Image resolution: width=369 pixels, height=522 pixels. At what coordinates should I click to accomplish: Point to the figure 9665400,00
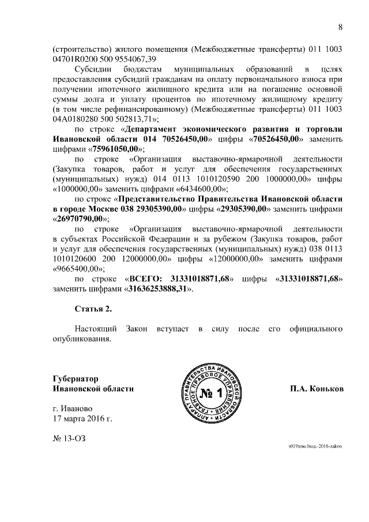[x=78, y=268]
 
